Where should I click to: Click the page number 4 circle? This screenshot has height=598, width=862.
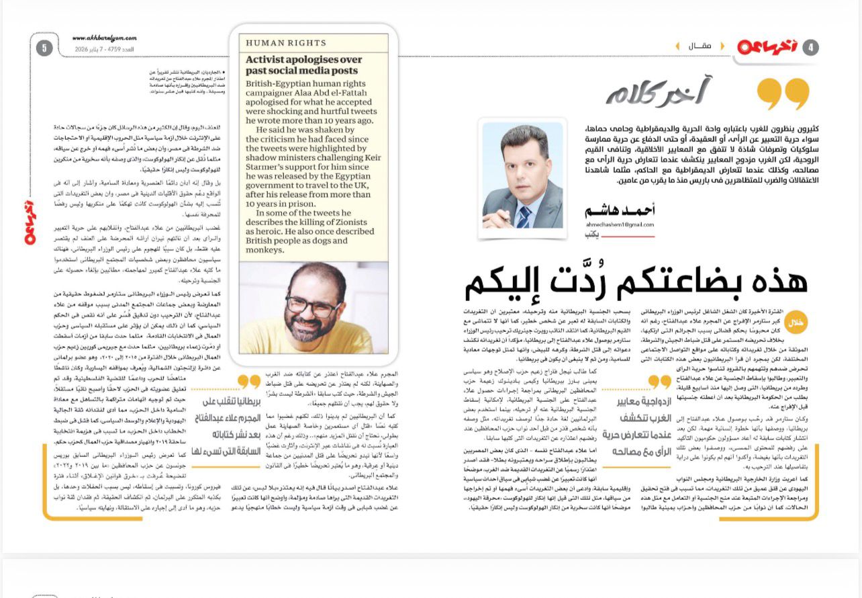tap(811, 47)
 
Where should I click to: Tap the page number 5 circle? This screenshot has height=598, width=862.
tap(44, 48)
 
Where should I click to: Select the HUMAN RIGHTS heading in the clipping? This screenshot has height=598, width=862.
tap(285, 43)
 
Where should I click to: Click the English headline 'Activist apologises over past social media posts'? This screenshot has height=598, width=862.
tap(303, 65)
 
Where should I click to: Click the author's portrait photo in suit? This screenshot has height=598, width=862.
tap(523, 176)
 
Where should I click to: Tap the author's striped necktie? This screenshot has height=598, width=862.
tap(524, 216)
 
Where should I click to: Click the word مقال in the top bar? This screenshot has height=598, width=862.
tap(700, 46)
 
